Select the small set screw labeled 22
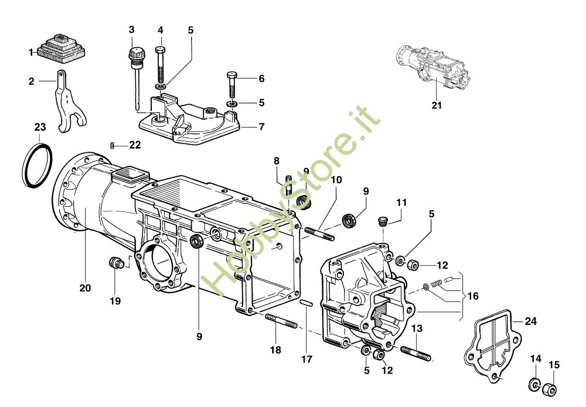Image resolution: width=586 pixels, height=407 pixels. [113, 145]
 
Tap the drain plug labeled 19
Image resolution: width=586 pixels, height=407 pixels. [116, 263]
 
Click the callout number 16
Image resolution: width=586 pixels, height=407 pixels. [472, 296]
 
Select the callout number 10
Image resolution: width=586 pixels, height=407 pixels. [335, 181]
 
